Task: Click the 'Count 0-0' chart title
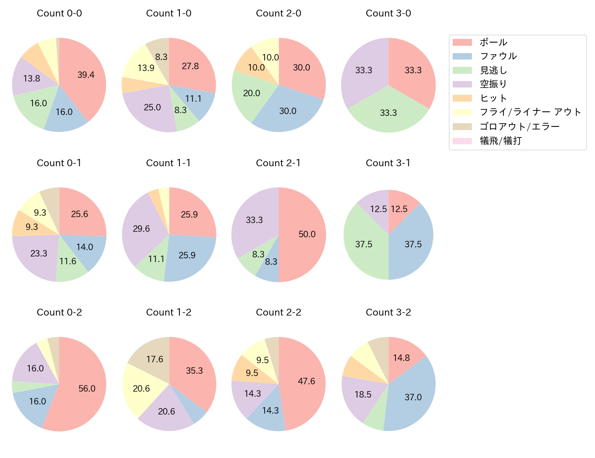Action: click(59, 13)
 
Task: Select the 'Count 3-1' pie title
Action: click(388, 163)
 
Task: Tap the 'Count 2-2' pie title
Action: click(278, 312)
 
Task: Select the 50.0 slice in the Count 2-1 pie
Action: click(304, 234)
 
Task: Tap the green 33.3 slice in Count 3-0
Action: click(388, 112)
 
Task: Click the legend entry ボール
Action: click(493, 43)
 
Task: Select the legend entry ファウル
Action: click(498, 56)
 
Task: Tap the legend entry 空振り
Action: click(493, 84)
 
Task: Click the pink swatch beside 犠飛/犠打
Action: click(462, 141)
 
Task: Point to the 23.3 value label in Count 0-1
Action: click(39, 253)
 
